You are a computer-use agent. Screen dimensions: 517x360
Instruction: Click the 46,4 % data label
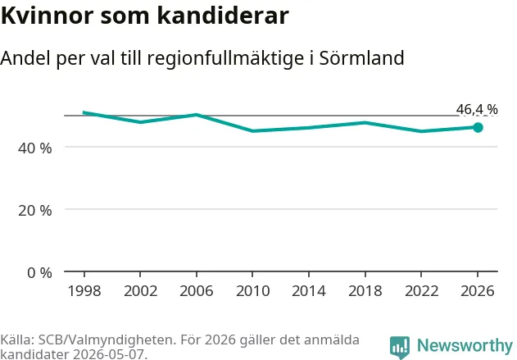[477, 109]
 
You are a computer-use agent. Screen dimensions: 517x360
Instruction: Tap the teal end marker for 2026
[478, 127]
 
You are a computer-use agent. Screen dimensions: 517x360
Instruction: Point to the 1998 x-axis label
[84, 291]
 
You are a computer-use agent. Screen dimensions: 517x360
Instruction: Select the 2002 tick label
[140, 291]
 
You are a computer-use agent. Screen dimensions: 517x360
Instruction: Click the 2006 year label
[197, 291]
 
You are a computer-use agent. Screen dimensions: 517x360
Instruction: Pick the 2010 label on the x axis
[253, 291]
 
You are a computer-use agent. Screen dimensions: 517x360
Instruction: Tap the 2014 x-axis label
[309, 291]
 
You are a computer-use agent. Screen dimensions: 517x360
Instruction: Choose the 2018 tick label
[365, 291]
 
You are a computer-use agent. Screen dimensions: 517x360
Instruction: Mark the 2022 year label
[421, 291]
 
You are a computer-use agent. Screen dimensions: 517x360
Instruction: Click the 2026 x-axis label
[478, 291]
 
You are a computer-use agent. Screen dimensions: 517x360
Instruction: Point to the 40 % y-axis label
[35, 148]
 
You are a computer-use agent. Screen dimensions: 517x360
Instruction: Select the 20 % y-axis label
[35, 211]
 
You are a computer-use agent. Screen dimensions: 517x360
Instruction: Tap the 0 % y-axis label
[39, 273]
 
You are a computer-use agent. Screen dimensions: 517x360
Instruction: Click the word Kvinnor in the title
[48, 16]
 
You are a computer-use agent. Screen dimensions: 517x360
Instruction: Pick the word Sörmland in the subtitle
[361, 58]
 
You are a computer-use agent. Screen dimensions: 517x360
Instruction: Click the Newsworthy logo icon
[400, 347]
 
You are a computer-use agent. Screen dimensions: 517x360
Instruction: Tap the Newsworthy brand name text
[465, 345]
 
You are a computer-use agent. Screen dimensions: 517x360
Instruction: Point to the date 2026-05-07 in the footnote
[108, 354]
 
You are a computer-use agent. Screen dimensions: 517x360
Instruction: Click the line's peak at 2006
[197, 115]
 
